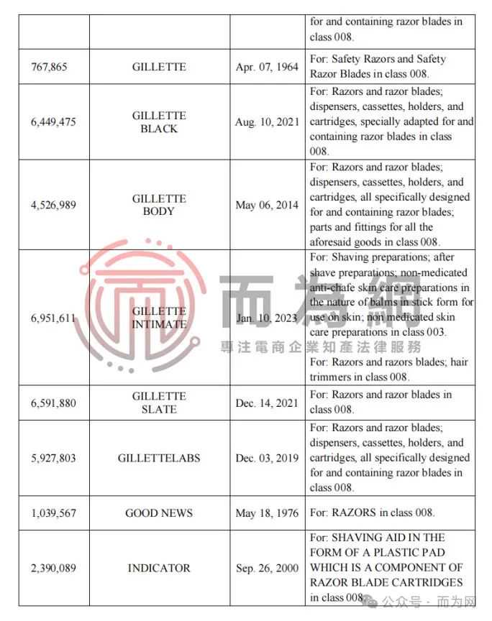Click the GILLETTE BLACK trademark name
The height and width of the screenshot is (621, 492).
pos(159,122)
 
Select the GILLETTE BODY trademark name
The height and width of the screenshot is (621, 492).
pos(159,205)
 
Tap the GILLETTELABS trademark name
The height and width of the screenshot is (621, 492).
pos(159,458)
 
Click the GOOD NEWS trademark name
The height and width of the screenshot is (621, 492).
pos(159,512)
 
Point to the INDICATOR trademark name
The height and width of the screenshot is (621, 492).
pos(159,568)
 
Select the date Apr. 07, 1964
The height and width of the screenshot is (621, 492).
pos(267,67)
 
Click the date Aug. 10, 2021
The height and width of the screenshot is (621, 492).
pos(267,122)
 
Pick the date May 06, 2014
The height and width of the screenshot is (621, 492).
pos(267,205)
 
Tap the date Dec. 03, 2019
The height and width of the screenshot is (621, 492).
pos(267,458)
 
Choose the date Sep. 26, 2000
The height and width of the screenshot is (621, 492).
pos(267,568)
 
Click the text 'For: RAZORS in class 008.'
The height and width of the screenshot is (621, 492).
pos(373,512)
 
